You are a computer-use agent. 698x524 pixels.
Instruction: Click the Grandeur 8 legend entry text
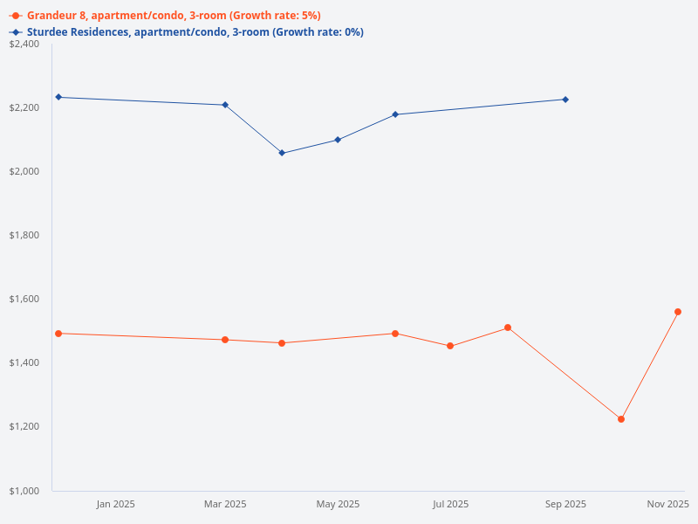pos(174,16)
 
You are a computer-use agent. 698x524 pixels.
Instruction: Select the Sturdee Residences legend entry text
pos(195,32)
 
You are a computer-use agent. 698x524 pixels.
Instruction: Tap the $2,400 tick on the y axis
pos(24,44)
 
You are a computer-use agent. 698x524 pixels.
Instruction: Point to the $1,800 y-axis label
pos(24,235)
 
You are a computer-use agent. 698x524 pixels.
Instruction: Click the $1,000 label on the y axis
pos(24,491)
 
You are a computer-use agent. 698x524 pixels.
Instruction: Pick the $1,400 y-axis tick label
pos(24,362)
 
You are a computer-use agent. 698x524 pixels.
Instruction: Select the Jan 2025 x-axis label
pos(115,504)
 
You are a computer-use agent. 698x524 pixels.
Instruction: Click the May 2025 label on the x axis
pos(338,504)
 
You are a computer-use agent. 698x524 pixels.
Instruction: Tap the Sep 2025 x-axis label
pos(565,504)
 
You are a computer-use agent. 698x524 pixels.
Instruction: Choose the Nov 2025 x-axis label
pos(667,504)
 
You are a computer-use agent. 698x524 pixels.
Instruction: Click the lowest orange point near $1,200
pos(621,419)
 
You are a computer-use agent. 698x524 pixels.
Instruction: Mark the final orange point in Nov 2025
pos(678,312)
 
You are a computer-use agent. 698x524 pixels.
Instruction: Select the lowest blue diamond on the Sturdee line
pos(282,153)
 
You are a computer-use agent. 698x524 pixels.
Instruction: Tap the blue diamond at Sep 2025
pos(565,100)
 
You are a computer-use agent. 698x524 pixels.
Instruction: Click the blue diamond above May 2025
pos(338,140)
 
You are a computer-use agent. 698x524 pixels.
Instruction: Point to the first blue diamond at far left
pos(58,97)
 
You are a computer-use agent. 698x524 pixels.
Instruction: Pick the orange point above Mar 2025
pos(225,340)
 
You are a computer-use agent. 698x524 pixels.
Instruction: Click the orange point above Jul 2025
pos(450,346)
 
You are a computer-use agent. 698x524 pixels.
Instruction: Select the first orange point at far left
pos(58,334)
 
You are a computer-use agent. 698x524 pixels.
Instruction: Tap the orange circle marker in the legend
pos(16,16)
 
